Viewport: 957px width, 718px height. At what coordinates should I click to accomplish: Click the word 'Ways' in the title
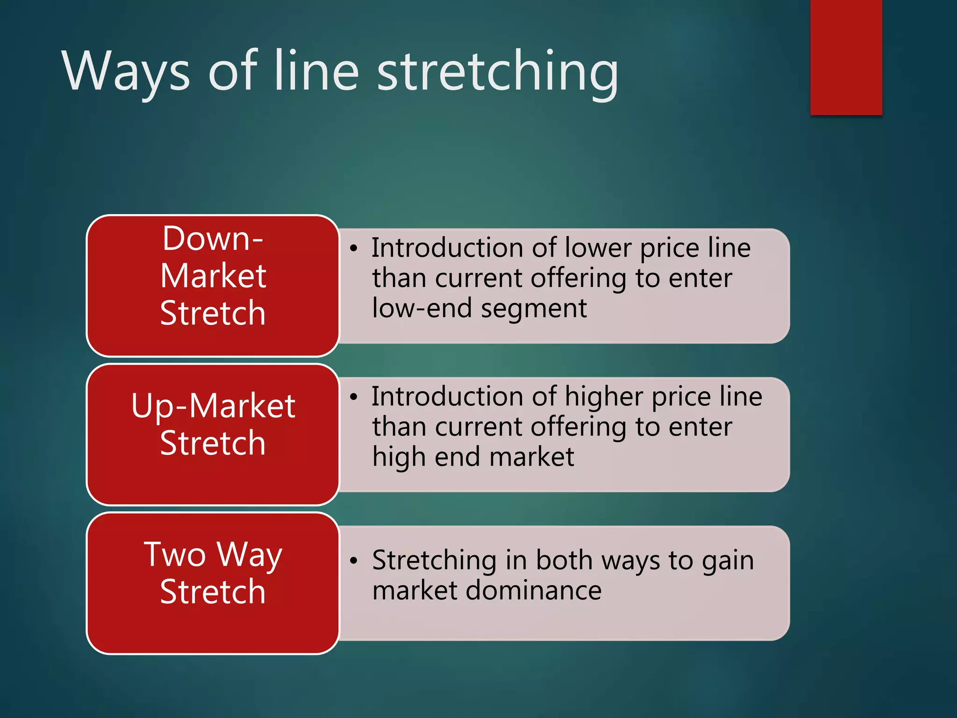point(126,71)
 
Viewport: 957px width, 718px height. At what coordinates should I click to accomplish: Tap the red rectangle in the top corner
point(846,57)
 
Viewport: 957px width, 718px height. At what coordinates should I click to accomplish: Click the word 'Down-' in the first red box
point(213,239)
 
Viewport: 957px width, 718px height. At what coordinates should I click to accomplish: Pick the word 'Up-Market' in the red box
point(213,406)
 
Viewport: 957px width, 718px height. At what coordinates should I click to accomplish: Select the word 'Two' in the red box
point(175,555)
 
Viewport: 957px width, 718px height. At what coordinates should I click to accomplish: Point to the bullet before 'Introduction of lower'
point(354,249)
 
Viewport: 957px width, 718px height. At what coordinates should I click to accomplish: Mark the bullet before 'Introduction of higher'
point(354,397)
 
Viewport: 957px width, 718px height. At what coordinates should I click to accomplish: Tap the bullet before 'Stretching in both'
point(354,561)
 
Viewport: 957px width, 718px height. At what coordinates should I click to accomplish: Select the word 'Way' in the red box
point(250,555)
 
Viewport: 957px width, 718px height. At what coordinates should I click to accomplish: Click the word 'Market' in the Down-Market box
point(213,276)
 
